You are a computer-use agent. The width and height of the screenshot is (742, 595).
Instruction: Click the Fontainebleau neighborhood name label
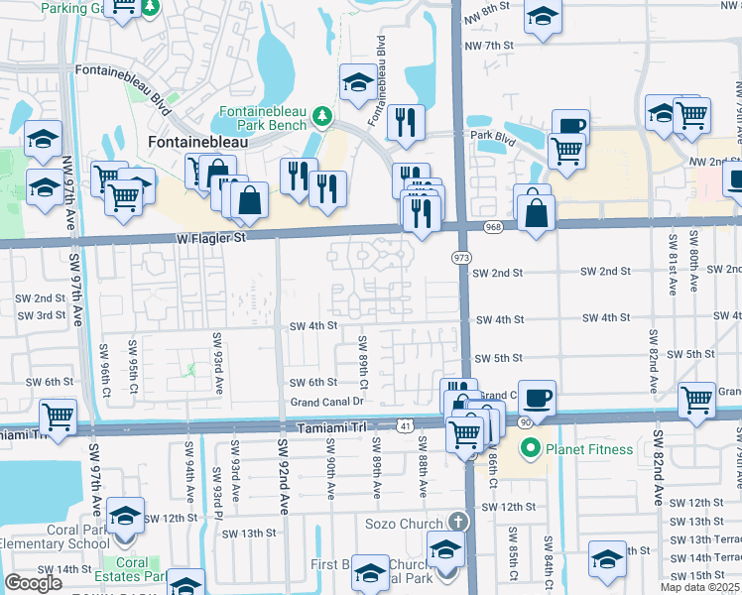[x=196, y=142]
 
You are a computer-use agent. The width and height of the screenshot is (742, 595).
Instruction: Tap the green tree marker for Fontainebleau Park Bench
[x=321, y=117]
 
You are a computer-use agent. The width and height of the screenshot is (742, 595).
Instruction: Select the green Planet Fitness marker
[x=529, y=449]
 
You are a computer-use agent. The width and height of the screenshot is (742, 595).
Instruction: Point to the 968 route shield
[x=492, y=228]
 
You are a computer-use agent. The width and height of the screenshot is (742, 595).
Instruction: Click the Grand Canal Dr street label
[x=327, y=403]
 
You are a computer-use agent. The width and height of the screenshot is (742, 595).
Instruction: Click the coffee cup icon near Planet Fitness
[x=537, y=398]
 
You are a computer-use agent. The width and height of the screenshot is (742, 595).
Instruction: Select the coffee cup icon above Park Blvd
[x=570, y=127]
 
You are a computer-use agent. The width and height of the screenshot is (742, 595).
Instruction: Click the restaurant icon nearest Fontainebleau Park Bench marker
[x=406, y=122]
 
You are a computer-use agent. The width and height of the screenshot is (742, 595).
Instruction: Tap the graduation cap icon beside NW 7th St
[x=542, y=18]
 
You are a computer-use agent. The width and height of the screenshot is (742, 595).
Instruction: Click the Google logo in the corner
[x=33, y=583]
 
